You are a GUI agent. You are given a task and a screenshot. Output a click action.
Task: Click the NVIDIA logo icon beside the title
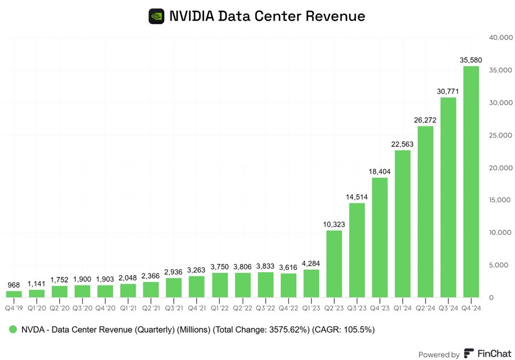pyautogui.click(x=156, y=16)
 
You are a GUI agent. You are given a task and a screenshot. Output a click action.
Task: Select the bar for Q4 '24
pyautogui.click(x=471, y=182)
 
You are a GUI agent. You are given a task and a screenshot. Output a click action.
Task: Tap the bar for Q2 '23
pyautogui.click(x=334, y=264)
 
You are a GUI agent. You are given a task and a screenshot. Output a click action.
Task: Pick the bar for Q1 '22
pyautogui.click(x=219, y=285)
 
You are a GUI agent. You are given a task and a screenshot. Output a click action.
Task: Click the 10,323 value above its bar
pyautogui.click(x=334, y=224)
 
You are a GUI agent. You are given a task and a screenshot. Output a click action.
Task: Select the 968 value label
pyautogui.click(x=14, y=285)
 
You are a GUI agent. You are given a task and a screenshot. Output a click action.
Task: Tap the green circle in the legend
pyautogui.click(x=11, y=330)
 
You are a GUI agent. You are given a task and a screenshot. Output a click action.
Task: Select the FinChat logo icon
pyautogui.click(x=469, y=354)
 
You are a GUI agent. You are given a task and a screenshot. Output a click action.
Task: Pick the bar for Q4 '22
pyautogui.click(x=288, y=285)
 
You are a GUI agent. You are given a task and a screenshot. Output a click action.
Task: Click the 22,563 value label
pyautogui.click(x=402, y=144)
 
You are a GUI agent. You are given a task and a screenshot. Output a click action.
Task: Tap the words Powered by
pyautogui.click(x=439, y=354)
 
